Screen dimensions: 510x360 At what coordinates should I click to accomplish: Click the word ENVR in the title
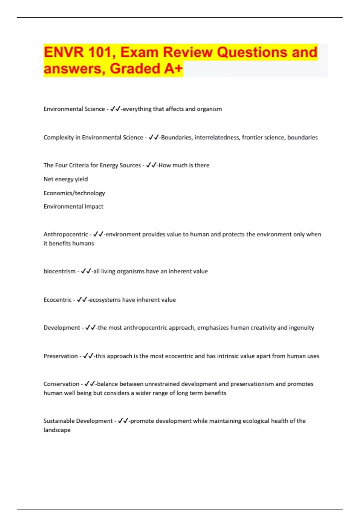63,52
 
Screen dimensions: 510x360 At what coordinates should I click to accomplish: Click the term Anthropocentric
66,234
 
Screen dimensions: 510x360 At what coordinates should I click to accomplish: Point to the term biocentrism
59,271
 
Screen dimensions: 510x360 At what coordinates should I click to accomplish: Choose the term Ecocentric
58,300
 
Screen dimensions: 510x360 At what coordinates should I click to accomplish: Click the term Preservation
61,356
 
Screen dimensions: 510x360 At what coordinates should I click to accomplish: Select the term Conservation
61,384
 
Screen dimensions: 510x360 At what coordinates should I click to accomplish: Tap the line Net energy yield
66,179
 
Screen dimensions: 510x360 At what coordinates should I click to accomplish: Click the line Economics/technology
74,193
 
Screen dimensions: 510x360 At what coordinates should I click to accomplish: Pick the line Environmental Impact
73,206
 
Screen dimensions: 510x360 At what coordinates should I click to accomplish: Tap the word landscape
57,430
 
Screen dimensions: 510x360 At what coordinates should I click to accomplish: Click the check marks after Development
90,328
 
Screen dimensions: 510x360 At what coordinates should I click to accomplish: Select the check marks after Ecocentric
82,300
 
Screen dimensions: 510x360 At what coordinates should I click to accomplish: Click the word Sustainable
58,421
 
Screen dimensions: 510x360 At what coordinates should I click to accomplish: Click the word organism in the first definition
209,109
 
